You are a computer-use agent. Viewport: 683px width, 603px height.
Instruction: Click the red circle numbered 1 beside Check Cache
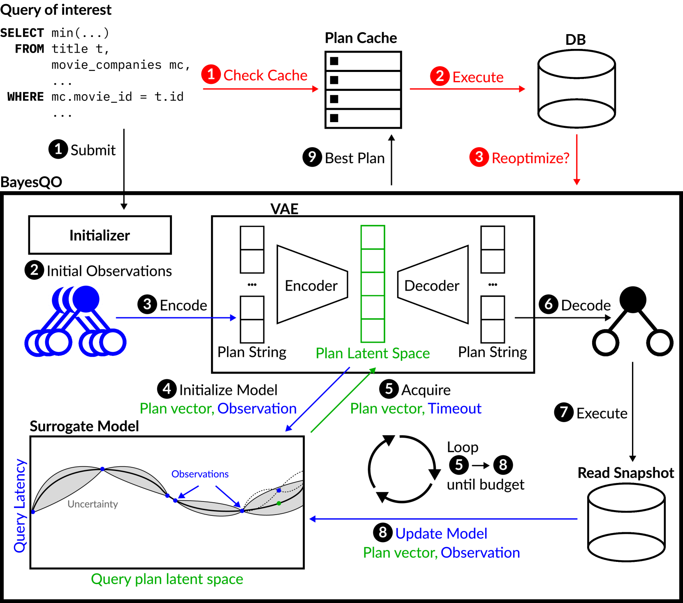tap(211, 74)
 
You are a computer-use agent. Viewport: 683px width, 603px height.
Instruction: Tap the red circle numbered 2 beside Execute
tap(440, 76)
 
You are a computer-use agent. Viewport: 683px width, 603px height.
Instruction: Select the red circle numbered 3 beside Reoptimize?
tap(479, 157)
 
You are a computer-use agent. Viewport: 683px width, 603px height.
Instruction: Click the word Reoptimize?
tap(530, 158)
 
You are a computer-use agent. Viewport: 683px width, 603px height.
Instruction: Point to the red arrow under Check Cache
tap(260, 89)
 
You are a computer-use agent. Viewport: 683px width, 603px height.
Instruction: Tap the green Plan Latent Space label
tap(373, 353)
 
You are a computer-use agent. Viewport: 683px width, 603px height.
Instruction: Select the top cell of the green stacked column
tap(373, 237)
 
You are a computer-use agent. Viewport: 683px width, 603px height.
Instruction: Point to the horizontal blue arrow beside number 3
tap(176, 318)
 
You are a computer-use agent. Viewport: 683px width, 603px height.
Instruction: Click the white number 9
tap(312, 157)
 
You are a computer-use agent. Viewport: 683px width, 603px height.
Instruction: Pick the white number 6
tap(548, 304)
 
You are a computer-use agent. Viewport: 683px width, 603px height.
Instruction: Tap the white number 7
tap(564, 412)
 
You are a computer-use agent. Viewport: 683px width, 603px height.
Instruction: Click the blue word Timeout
tap(454, 409)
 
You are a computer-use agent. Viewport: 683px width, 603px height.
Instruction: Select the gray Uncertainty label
tap(93, 504)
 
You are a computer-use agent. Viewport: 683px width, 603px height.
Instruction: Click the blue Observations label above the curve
tap(200, 474)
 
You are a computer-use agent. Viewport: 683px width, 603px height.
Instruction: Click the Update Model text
tap(441, 534)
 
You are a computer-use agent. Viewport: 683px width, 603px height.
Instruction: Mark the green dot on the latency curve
tap(279, 503)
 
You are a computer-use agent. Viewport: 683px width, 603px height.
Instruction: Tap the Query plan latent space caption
tap(167, 579)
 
